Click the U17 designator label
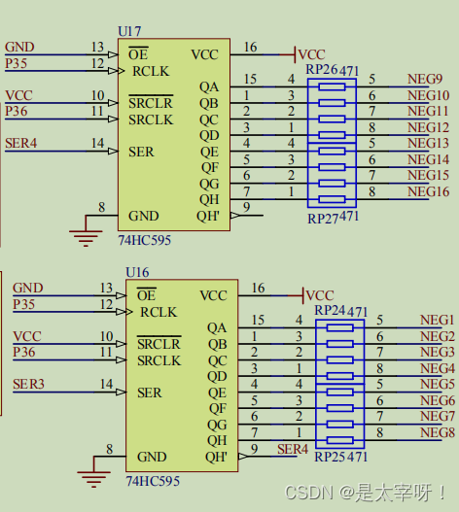129,32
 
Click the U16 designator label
137,272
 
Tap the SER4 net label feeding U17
21,144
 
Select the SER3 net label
28,384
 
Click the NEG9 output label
425,79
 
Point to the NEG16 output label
428,191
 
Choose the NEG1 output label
437,320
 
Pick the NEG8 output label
438,432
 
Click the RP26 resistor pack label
321,70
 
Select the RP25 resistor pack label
330,457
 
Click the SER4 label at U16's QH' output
293,449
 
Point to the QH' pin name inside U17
208,216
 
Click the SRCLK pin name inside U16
159,360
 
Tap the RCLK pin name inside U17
151,71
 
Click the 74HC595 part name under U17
145,240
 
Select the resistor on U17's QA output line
332,86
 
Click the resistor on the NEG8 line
340,440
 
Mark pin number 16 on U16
258,288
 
